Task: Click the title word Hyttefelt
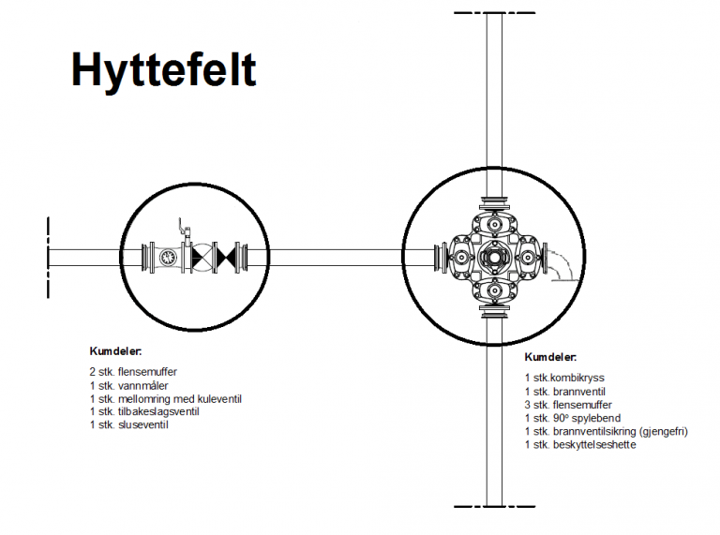(163, 69)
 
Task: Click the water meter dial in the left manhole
(167, 258)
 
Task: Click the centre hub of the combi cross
(494, 258)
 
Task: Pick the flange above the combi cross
(494, 201)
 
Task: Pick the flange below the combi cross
(494, 312)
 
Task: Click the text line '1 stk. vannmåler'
(129, 386)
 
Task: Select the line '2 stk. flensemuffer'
(133, 372)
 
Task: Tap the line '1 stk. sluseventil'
(129, 424)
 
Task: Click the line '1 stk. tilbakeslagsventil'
(144, 411)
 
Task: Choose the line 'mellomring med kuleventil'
(180, 399)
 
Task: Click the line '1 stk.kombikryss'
(564, 379)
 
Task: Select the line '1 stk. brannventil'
(564, 392)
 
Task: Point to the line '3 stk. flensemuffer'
(568, 405)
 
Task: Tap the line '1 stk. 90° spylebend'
(573, 419)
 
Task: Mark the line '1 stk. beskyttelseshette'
(580, 445)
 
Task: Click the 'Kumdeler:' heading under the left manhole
(115, 351)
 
